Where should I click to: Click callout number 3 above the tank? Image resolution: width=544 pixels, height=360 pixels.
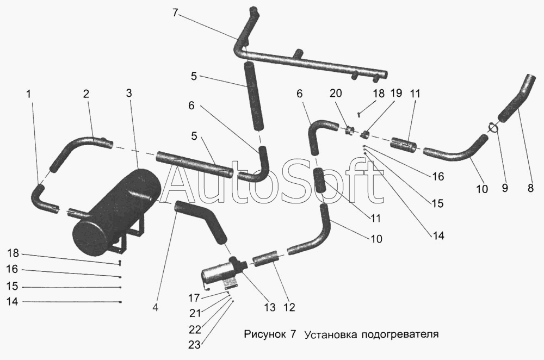pos(129,94)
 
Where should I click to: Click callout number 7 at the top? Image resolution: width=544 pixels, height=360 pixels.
pos(175,13)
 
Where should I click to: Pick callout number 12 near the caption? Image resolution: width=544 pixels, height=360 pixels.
pos(289,307)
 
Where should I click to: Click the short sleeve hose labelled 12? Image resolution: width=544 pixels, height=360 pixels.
pos(266,259)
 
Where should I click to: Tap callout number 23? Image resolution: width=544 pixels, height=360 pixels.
pos(195,345)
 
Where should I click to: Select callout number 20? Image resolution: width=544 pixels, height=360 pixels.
pos(336,93)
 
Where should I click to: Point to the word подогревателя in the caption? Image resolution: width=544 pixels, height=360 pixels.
pos(400,334)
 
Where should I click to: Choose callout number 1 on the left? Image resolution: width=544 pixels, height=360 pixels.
pos(29,94)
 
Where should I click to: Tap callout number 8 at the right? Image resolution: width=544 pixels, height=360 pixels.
pos(530,188)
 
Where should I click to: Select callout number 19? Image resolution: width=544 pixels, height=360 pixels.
pos(396,93)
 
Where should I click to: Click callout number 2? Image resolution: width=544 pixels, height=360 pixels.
pos(86,94)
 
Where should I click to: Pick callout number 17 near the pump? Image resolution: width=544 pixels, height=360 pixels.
pos(194,298)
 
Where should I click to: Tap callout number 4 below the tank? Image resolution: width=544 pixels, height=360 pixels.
pos(155,307)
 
